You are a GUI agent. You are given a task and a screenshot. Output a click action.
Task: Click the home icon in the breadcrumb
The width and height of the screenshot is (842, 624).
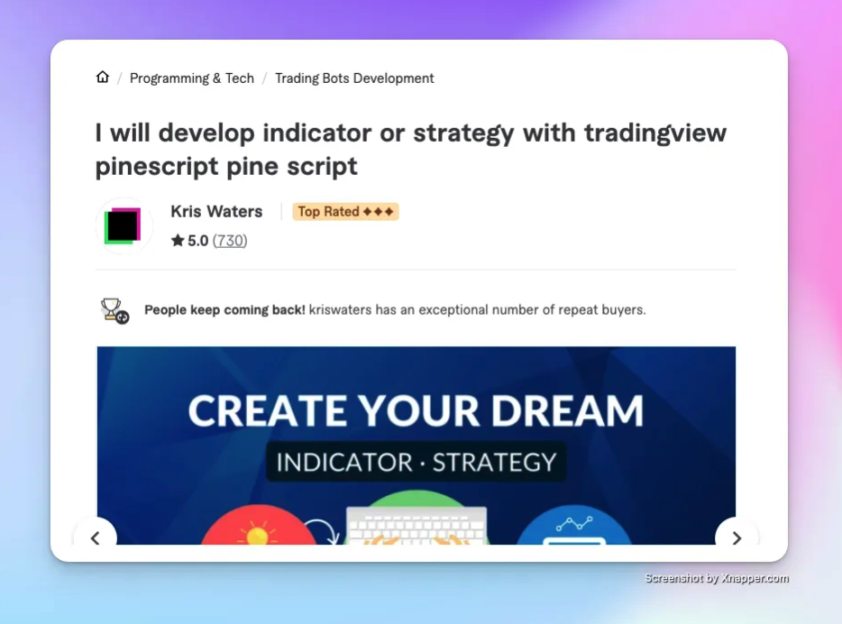coord(103,78)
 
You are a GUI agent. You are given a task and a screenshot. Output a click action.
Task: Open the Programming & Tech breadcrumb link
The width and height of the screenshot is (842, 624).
coord(192,78)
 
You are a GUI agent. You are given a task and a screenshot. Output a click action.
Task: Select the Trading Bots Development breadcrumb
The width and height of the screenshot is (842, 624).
coord(354,78)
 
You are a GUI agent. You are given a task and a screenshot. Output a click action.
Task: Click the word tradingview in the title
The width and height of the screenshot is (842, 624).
coord(654,133)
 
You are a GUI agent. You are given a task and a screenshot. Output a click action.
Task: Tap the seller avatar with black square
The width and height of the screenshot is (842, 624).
coord(124,225)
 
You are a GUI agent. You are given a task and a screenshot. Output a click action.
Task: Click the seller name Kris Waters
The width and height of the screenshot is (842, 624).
coord(216,212)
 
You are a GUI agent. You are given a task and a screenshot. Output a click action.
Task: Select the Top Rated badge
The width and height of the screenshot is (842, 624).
coord(345,212)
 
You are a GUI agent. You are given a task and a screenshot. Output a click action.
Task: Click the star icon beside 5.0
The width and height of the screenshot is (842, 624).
coord(178,241)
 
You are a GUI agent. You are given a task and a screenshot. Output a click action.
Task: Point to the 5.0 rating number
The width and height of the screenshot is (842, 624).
coord(198,241)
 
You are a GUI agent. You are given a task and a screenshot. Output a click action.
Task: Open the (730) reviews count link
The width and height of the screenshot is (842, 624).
coord(230,241)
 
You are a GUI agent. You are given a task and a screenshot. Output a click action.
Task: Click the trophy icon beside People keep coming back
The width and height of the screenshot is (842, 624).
coord(114,310)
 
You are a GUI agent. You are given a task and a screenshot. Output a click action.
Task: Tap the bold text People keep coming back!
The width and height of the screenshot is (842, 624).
coord(224,310)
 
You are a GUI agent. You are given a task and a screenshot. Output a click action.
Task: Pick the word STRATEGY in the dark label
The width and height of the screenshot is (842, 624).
coord(494,463)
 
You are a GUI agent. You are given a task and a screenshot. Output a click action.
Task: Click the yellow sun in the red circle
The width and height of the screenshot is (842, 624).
coord(257,536)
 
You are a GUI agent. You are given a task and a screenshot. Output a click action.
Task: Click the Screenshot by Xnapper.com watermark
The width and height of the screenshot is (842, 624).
coord(717,579)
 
